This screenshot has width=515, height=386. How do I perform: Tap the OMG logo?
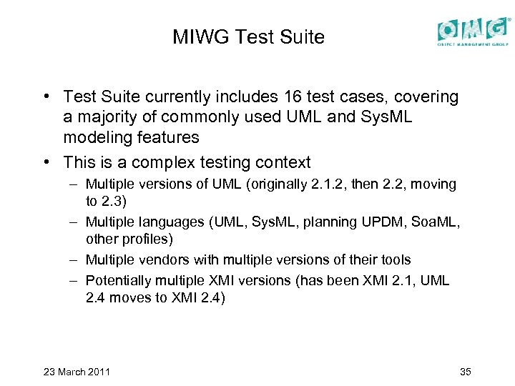[x=472, y=31]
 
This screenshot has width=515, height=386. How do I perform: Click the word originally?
[x=268, y=184]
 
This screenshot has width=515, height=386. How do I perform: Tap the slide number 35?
[x=464, y=372]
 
